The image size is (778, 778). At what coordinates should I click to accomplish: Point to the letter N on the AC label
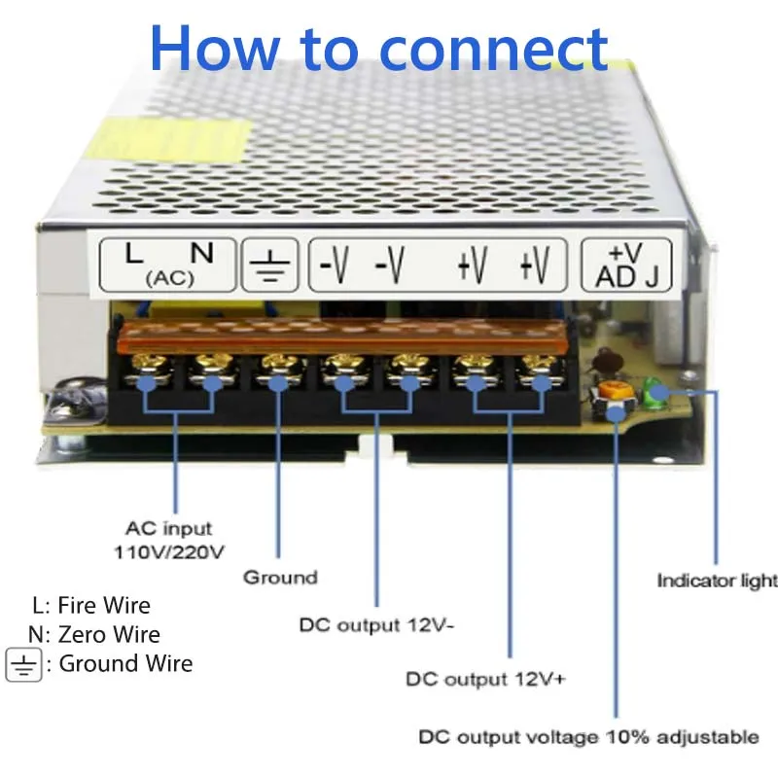coord(202,253)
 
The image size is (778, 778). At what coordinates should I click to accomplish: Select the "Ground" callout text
coord(280,578)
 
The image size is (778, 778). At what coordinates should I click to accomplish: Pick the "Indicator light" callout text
coord(718,581)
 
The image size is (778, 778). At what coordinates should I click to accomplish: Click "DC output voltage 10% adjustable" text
coord(588,736)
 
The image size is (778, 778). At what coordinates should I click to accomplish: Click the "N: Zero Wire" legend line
coord(94,634)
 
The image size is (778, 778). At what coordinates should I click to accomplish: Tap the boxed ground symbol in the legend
coord(23,664)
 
